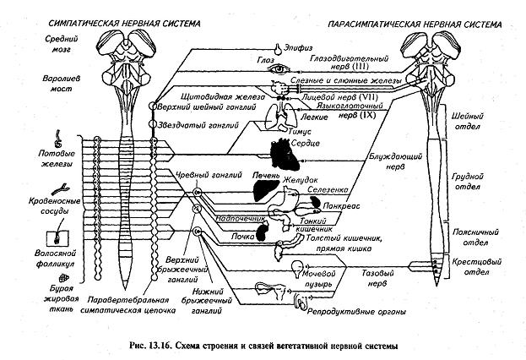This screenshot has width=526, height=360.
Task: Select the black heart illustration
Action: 279,155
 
